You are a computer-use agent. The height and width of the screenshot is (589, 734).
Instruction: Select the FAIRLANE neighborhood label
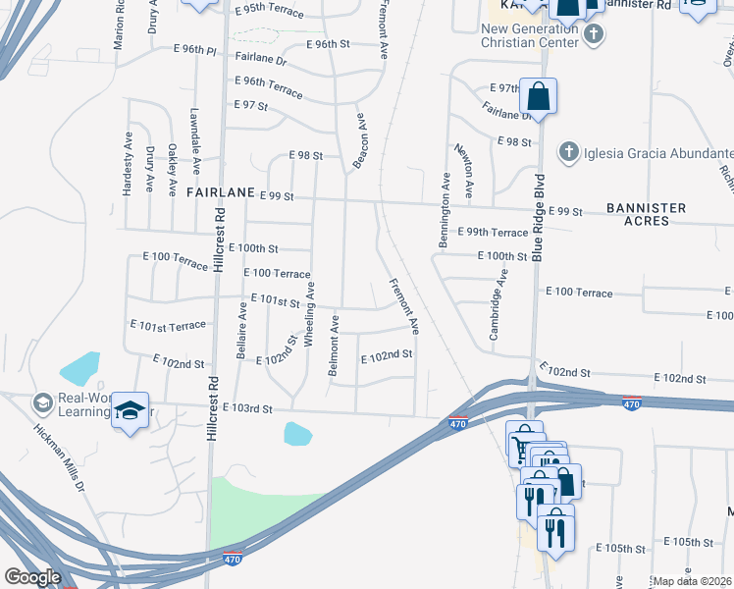(221, 193)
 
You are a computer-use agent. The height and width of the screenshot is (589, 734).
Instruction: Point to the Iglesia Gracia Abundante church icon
(567, 152)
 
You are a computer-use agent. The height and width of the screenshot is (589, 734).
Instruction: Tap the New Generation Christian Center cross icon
(592, 35)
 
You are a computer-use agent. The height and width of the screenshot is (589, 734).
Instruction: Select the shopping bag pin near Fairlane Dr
(538, 97)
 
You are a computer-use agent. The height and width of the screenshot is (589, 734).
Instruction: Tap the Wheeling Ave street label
(309, 313)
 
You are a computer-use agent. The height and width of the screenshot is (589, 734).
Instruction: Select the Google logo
(31, 577)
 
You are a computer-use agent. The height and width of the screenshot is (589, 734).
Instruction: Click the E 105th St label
(688, 542)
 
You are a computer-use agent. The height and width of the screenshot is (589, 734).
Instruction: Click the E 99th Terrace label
(496, 233)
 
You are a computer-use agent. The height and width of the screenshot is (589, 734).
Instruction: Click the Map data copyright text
(692, 581)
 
